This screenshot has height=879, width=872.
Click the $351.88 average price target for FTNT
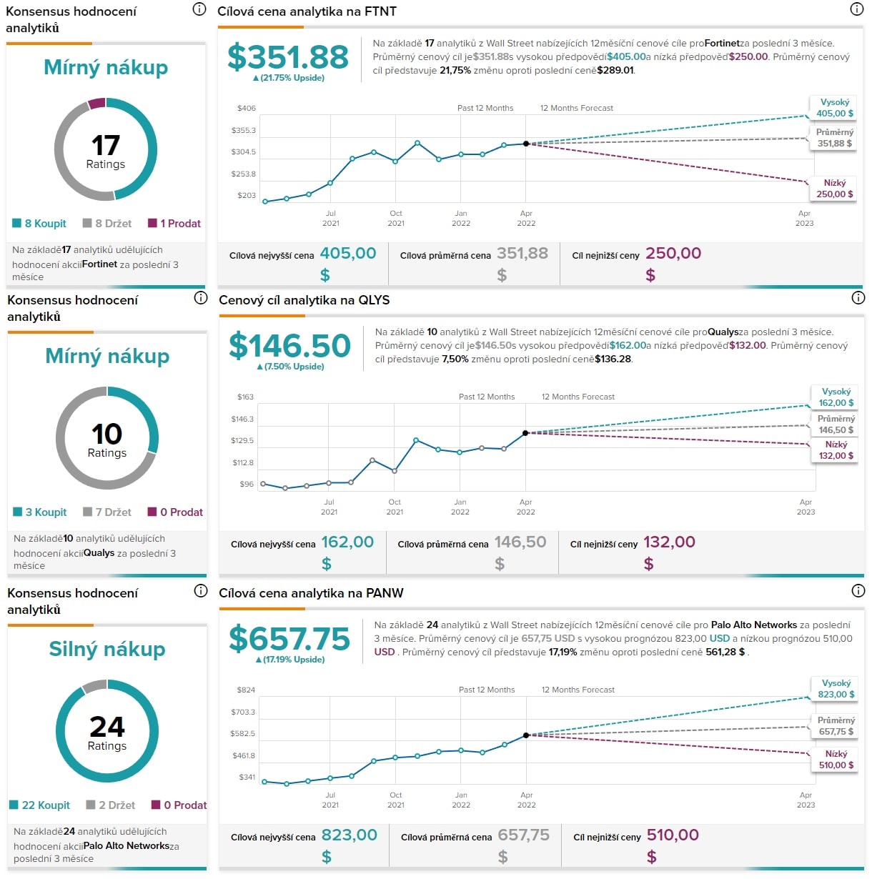[x=288, y=57]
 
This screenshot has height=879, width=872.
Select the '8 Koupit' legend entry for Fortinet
[x=39, y=224]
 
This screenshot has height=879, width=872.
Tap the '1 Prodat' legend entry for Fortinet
[x=174, y=224]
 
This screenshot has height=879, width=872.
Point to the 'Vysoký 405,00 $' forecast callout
[x=834, y=108]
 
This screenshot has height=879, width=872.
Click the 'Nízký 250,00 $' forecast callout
[x=834, y=189]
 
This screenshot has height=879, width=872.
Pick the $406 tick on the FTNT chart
[x=247, y=109]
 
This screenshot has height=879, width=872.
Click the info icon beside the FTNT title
[x=856, y=9]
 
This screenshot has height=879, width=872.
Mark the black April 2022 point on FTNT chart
[x=526, y=144]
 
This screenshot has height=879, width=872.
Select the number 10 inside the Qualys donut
[x=106, y=434]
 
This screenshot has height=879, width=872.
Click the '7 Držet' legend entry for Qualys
[x=107, y=512]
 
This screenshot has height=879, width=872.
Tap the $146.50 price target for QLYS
[x=289, y=346]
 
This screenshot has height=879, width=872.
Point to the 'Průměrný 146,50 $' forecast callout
[x=836, y=424]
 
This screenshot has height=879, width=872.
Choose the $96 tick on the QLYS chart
[x=247, y=485]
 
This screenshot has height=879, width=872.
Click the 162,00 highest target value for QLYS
[x=347, y=542]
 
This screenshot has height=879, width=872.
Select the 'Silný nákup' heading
[x=107, y=649]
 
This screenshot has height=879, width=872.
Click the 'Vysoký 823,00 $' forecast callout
[x=836, y=689]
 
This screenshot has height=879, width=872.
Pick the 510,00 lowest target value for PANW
[x=673, y=835]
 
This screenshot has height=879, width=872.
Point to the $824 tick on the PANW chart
[x=246, y=690]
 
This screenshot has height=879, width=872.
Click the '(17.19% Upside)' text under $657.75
[x=290, y=660]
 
